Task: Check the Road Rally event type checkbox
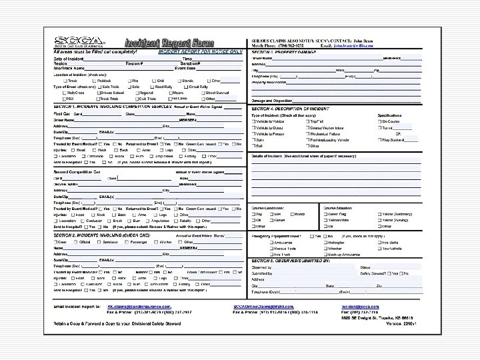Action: pyautogui.click(x=152, y=87)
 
